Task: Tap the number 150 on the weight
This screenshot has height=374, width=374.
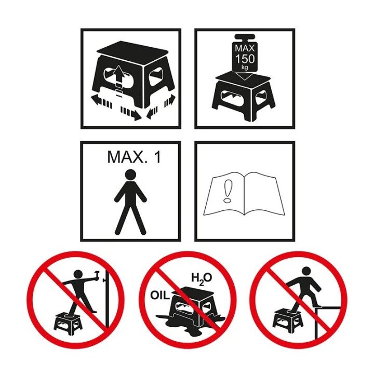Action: (x=245, y=59)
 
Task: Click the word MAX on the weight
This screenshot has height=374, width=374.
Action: (x=245, y=48)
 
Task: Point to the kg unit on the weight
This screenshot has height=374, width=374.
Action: (x=245, y=67)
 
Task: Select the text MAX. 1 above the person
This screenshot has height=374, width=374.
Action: (x=134, y=157)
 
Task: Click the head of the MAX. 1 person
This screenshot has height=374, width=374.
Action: (x=130, y=175)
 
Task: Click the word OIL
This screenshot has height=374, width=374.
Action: (x=160, y=296)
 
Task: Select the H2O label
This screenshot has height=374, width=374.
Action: (x=202, y=278)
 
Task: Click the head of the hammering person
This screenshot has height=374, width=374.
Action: (x=79, y=275)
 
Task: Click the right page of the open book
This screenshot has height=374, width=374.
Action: (x=262, y=193)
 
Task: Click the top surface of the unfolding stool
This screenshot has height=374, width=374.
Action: (x=133, y=49)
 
